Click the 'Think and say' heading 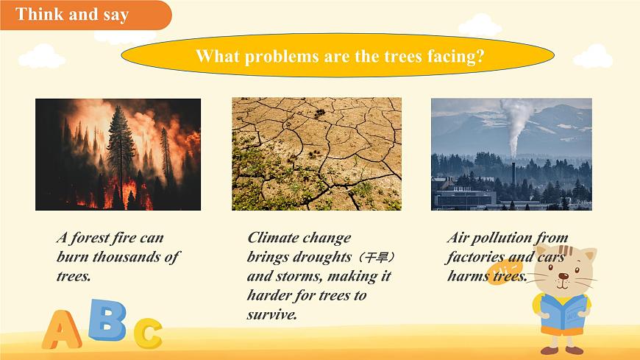72,15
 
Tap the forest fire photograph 118,154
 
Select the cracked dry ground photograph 316,154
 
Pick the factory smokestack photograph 511,154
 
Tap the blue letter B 107,319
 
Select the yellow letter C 148,333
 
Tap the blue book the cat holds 563,312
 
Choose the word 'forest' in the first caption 91,238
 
